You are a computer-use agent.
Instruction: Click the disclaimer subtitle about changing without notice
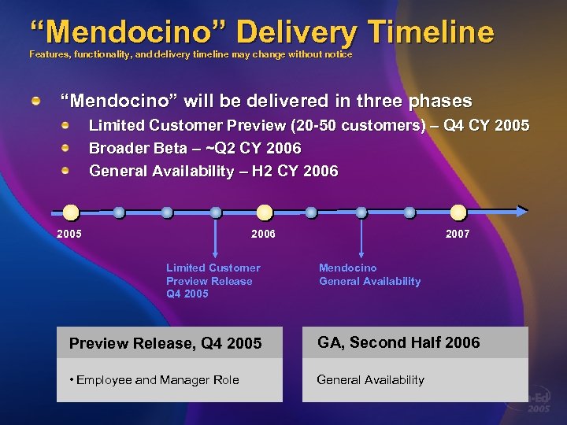point(191,54)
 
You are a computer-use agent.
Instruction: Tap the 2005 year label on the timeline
point(69,234)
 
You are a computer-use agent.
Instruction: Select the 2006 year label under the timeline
point(263,234)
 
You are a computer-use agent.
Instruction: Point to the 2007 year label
point(458,234)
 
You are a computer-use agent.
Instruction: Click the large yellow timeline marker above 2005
point(71,212)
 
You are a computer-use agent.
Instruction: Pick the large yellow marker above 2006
point(265,212)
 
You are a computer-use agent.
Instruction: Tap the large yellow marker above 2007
point(459,212)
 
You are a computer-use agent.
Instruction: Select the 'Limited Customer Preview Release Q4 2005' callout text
point(213,281)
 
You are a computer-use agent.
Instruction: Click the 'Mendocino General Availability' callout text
point(369,275)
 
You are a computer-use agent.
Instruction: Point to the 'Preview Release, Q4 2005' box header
point(165,343)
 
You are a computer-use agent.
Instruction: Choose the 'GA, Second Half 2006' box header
point(398,342)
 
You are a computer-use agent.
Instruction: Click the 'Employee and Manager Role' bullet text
point(154,380)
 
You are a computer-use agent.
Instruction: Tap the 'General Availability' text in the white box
point(370,380)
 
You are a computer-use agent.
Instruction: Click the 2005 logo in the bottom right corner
point(539,404)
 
